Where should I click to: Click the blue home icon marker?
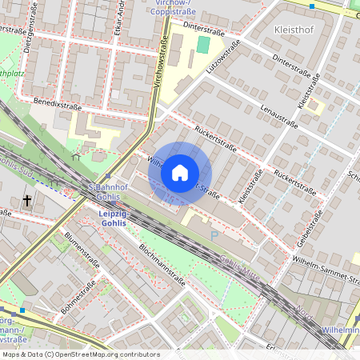pyautogui.click(x=180, y=172)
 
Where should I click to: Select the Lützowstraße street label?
pyautogui.click(x=223, y=58)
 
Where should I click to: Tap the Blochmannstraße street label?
pyautogui.click(x=162, y=266)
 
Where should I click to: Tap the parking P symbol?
pyautogui.click(x=214, y=234)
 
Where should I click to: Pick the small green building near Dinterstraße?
pyautogui.click(x=203, y=45)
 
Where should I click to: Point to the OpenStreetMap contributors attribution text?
pyautogui.click(x=80, y=354)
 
